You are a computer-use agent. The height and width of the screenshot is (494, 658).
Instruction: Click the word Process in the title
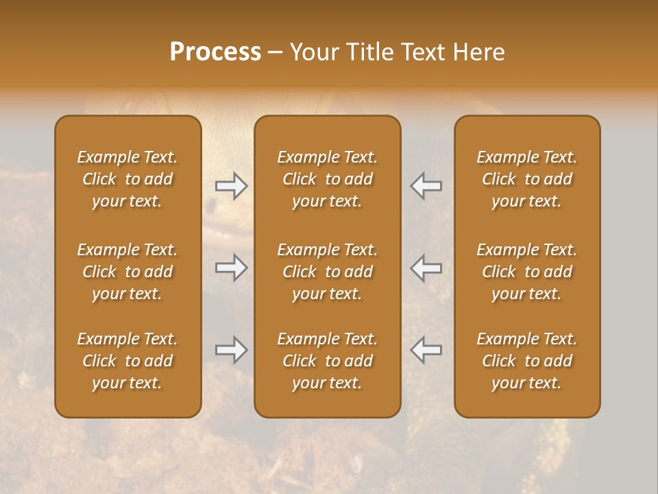[215, 52]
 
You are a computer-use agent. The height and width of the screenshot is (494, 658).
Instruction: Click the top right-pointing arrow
[231, 186]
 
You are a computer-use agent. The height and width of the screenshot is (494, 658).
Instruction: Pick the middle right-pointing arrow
[231, 268]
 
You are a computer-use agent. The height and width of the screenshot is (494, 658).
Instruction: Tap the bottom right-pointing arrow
[231, 350]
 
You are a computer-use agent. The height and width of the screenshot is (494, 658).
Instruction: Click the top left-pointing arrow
[426, 186]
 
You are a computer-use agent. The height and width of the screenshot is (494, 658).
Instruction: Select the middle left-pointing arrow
[426, 268]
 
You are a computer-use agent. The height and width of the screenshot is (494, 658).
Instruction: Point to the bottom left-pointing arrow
[426, 350]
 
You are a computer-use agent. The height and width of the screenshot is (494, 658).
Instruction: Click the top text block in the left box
[127, 179]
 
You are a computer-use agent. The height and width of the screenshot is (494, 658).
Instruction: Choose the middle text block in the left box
[127, 272]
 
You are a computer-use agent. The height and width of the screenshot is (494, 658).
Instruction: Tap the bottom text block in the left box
[127, 361]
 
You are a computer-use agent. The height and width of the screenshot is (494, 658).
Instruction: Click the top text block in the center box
[328, 179]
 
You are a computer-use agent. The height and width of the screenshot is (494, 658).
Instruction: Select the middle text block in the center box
[328, 272]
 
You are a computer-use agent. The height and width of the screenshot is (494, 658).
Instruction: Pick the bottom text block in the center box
[328, 361]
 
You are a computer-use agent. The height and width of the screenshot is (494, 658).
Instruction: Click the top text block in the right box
[527, 179]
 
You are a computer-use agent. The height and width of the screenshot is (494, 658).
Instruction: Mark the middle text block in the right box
[527, 272]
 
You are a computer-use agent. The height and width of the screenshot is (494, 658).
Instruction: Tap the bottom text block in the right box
[527, 361]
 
